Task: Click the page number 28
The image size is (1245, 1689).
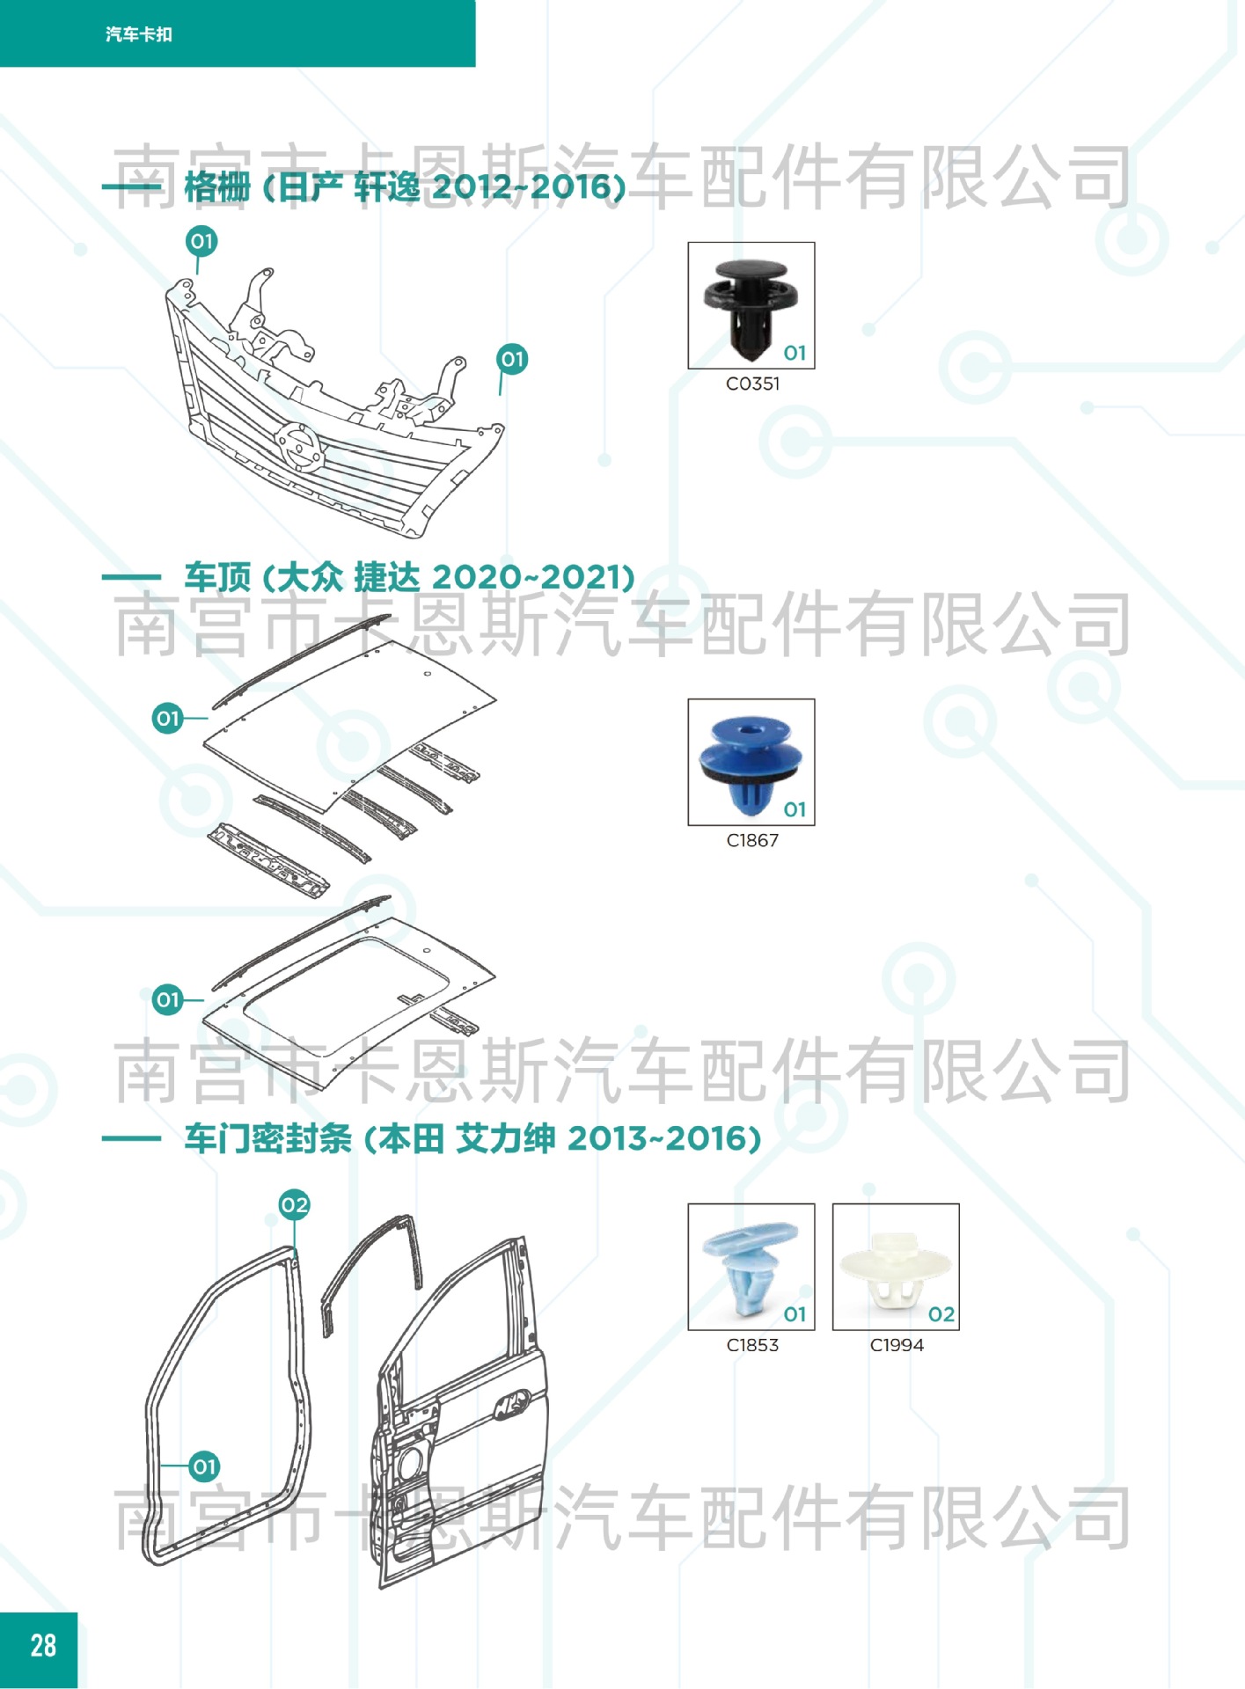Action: coord(43,1645)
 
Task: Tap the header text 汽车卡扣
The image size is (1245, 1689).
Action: coord(139,34)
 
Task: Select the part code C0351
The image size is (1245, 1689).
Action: coord(752,384)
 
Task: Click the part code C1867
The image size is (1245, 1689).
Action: coord(752,840)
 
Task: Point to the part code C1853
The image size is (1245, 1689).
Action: coord(752,1345)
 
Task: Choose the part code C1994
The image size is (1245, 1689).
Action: coord(897,1345)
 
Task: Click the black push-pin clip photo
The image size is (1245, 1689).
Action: coord(751,308)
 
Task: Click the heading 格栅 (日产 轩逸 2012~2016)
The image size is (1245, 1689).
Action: coord(405,186)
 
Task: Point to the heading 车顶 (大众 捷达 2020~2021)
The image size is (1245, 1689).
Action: coord(409,577)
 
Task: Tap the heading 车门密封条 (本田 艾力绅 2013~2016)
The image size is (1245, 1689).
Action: coord(472,1138)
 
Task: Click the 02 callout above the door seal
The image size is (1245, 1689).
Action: coord(294,1205)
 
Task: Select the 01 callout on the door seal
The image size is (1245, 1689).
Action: coord(204,1466)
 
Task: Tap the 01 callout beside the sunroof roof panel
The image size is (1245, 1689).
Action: coord(167,1000)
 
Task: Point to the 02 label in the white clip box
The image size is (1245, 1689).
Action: coord(941,1314)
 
